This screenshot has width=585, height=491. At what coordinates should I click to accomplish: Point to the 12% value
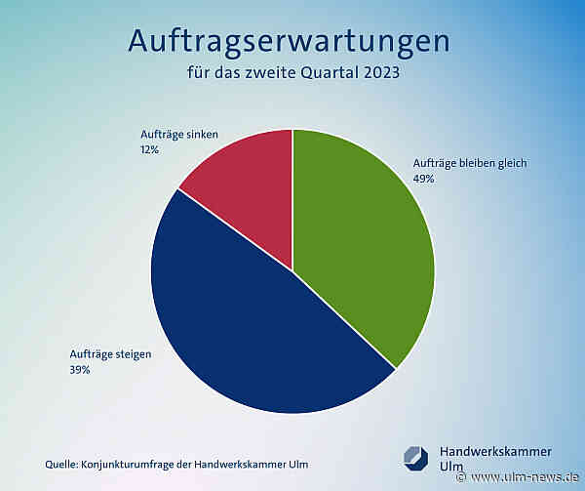pyautogui.click(x=150, y=150)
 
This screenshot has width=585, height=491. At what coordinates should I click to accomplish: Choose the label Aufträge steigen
pyautogui.click(x=110, y=354)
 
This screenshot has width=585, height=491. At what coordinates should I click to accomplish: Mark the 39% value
pyautogui.click(x=80, y=370)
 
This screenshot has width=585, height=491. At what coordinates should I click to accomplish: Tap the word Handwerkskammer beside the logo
pyautogui.click(x=495, y=451)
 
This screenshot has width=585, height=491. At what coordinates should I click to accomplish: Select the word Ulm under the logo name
pyautogui.click(x=452, y=468)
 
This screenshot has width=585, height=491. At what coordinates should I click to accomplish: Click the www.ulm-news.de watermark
pyautogui.click(x=523, y=478)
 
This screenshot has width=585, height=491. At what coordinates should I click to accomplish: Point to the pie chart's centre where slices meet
pyautogui.click(x=292, y=270)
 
